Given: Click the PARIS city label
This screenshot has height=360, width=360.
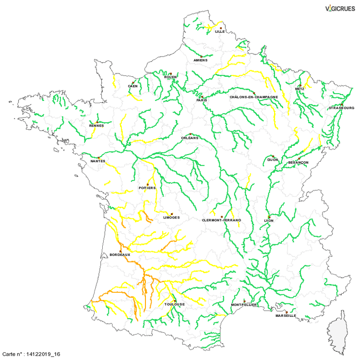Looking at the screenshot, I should (x=201, y=101).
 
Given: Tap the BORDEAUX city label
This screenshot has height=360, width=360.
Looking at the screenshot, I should (x=120, y=254).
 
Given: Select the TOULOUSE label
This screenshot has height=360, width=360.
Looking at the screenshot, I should (x=174, y=304).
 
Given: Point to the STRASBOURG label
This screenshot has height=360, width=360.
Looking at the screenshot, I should (x=341, y=108).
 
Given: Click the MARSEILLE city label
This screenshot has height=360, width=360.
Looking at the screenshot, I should (x=286, y=316).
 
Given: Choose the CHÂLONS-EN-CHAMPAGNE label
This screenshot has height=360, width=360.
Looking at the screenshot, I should (x=254, y=96).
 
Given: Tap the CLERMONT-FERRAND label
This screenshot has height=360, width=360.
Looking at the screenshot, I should (x=222, y=220).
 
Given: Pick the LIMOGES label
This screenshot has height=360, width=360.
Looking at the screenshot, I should (x=171, y=217).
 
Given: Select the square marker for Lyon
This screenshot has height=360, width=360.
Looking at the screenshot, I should (x=269, y=217).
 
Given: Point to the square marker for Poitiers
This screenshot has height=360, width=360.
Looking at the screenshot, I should (x=148, y=184).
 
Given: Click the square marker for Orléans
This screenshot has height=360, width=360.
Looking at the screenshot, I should (x=191, y=134).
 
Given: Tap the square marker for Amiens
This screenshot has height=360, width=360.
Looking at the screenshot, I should (x=202, y=57).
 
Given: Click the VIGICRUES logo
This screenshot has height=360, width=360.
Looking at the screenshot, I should (x=339, y=8).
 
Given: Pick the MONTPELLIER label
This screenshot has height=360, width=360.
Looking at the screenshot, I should (x=244, y=305).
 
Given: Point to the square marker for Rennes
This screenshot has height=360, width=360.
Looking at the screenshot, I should (x=97, y=122).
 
